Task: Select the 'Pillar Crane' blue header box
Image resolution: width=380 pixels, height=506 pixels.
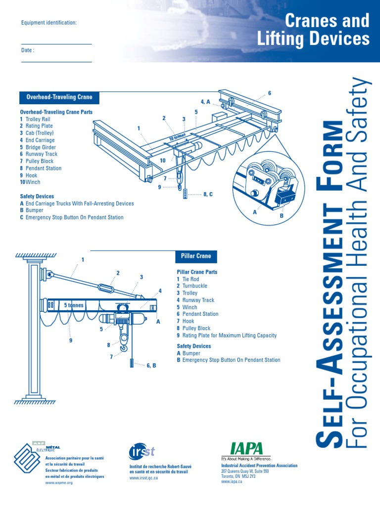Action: (x=196, y=256)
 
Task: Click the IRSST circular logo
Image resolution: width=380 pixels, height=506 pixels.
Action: (x=142, y=451)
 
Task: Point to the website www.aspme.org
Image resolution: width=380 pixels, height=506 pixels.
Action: (x=59, y=483)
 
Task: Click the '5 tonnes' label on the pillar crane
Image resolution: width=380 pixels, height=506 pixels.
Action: (x=74, y=305)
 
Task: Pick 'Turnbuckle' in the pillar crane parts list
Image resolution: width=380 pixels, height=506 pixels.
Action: (x=194, y=286)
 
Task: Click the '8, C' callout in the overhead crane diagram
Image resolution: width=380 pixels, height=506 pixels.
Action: (x=208, y=195)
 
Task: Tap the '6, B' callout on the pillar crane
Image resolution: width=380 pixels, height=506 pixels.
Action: (x=151, y=365)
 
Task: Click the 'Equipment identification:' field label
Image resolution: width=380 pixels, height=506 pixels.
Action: (x=48, y=23)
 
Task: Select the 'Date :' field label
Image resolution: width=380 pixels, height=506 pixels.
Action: (x=28, y=50)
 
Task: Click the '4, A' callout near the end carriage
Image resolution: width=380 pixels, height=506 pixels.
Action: (x=205, y=102)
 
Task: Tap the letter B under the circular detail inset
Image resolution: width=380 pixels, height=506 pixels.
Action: (x=282, y=216)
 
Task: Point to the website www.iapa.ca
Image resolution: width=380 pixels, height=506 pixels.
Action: (x=232, y=481)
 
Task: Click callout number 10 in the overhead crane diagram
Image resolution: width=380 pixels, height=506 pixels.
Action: (x=163, y=161)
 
